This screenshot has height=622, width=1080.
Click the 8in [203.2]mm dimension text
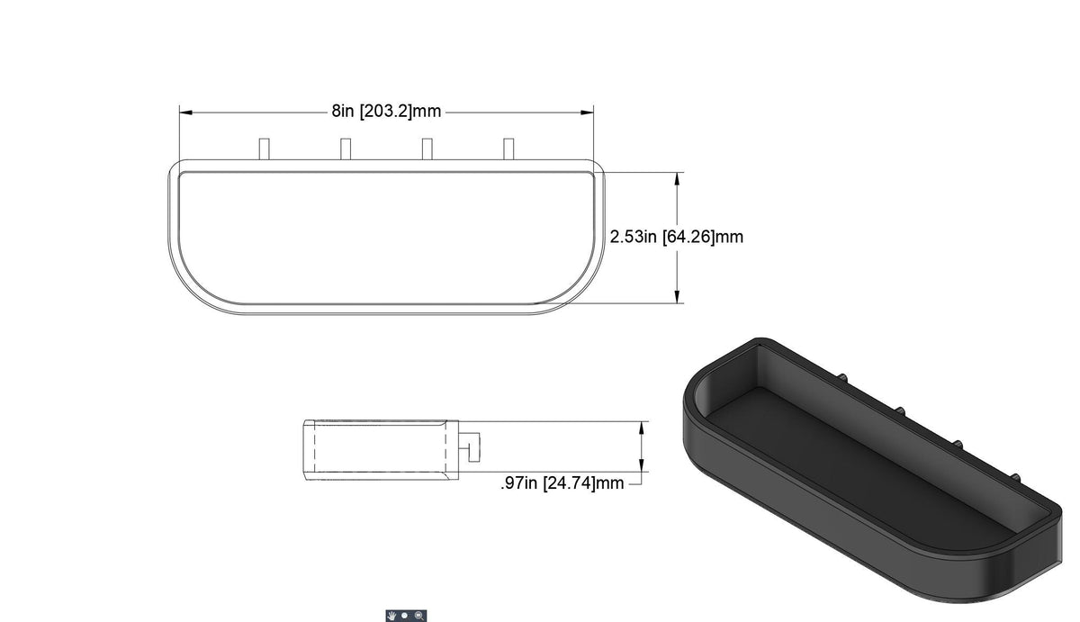pyautogui.click(x=386, y=112)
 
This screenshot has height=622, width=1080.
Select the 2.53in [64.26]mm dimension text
pyautogui.click(x=677, y=237)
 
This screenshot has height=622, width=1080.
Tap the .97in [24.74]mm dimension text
pyautogui.click(x=562, y=483)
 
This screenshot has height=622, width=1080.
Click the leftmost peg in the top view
pyautogui.click(x=265, y=149)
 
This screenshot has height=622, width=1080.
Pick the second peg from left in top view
pyautogui.click(x=346, y=149)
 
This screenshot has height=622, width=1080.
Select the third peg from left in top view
pyautogui.click(x=427, y=149)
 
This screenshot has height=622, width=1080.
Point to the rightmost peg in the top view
pyautogui.click(x=508, y=149)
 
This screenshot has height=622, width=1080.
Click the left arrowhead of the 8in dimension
pyautogui.click(x=186, y=113)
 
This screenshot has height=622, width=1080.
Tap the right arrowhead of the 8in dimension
pyautogui.click(x=587, y=113)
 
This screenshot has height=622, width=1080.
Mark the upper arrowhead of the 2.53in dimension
pyautogui.click(x=678, y=179)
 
